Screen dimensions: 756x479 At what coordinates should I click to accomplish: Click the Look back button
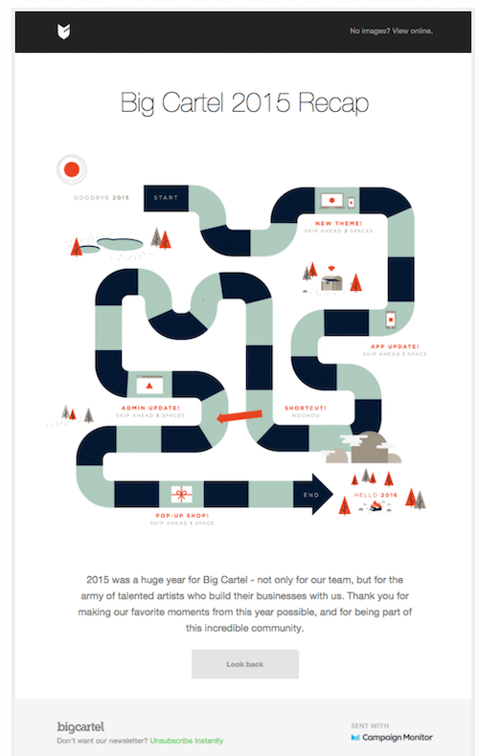[x=244, y=663]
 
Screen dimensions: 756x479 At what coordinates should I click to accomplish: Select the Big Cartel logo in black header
[x=64, y=32]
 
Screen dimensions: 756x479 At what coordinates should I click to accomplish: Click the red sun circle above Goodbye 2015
[x=71, y=169]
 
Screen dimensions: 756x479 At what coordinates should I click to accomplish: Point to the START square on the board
[x=166, y=198]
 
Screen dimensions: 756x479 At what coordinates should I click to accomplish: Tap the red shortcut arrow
[x=239, y=415]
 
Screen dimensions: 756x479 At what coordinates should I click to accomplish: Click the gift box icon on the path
[x=181, y=494]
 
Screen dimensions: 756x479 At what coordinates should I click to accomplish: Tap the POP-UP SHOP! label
[x=181, y=516]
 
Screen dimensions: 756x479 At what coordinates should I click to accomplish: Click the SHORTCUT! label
[x=306, y=408]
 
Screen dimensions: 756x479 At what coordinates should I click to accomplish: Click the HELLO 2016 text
[x=375, y=495]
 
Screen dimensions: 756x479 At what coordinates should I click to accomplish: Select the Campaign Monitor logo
[x=391, y=737]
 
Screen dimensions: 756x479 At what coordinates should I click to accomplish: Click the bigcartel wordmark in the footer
[x=81, y=726]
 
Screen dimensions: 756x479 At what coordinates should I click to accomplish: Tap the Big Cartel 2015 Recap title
[x=244, y=103]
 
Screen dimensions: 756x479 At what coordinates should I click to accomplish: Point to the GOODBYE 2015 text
[x=101, y=198]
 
